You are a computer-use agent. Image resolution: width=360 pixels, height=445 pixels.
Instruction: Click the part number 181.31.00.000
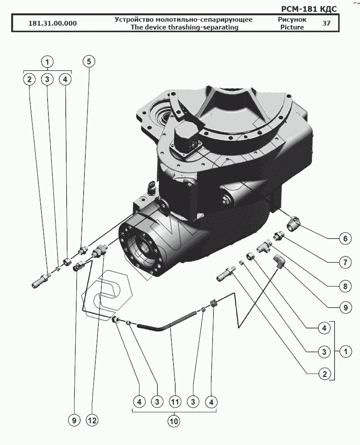(52, 24)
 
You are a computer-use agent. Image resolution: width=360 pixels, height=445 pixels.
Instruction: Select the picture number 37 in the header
(326, 24)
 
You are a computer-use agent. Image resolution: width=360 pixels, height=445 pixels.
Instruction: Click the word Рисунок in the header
(291, 20)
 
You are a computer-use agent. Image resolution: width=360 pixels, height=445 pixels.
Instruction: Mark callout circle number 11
(174, 402)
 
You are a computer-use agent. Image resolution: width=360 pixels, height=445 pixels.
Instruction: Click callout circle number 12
(93, 420)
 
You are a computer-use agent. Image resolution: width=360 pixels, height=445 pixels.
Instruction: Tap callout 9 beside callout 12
(74, 420)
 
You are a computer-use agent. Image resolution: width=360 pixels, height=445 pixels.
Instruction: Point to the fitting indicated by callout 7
(279, 235)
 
